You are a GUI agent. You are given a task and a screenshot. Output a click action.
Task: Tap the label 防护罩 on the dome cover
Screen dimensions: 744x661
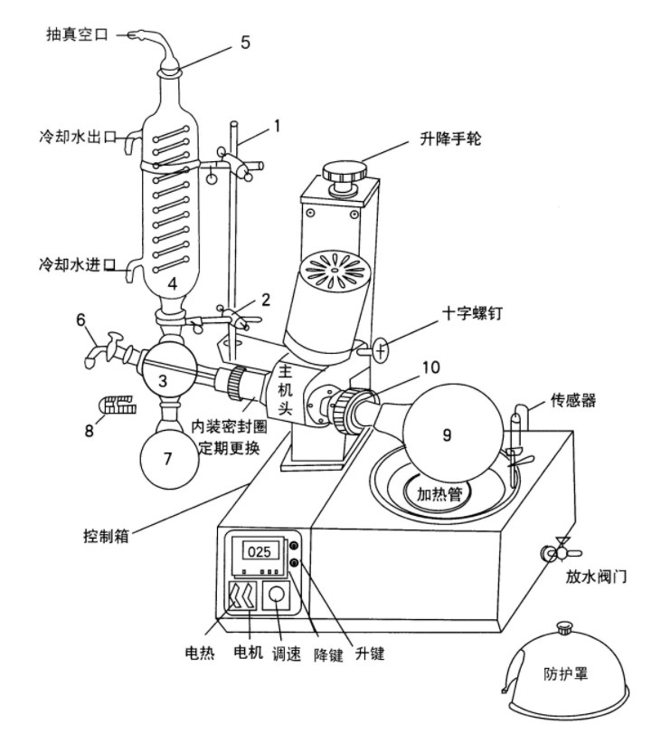[x=570, y=674]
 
